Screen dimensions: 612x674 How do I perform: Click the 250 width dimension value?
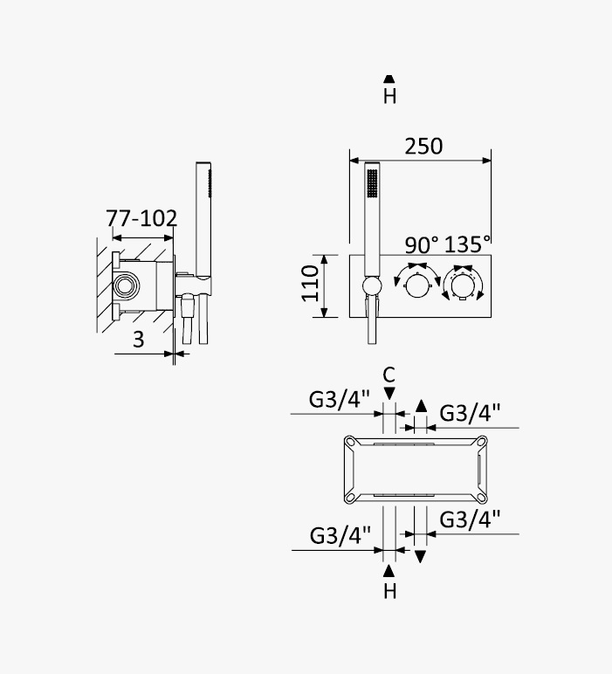423,146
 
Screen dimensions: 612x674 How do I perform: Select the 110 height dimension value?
310,283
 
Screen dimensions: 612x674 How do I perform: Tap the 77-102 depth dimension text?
141,218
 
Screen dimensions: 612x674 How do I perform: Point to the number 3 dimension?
138,340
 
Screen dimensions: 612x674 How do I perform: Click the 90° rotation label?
422,245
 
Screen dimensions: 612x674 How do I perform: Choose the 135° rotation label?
467,244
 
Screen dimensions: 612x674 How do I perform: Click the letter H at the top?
389,96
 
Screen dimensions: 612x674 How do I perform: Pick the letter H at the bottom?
389,591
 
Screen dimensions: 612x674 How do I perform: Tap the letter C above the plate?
389,375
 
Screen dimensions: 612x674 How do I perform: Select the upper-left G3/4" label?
339,400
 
